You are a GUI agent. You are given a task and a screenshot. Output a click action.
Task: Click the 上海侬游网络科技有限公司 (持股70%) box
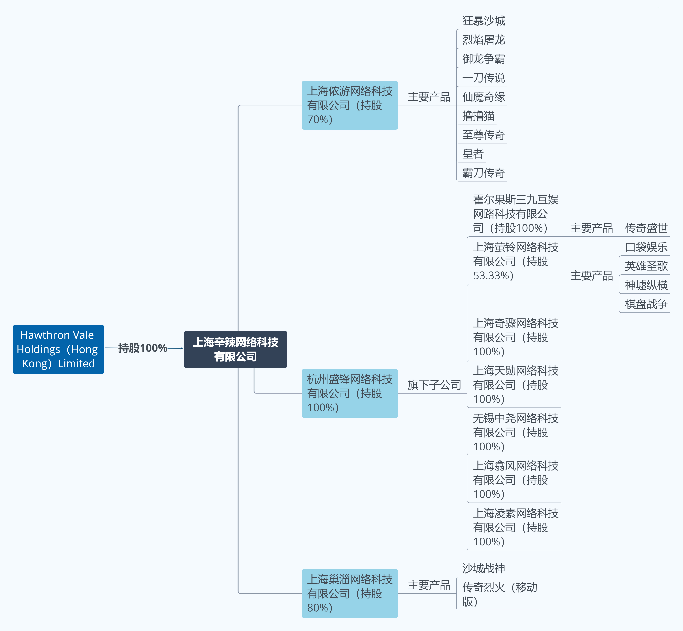pyautogui.click(x=350, y=105)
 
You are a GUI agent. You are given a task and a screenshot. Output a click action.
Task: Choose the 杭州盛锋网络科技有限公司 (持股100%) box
pyautogui.click(x=350, y=393)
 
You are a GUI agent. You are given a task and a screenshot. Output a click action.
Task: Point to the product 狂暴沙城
pyautogui.click(x=483, y=21)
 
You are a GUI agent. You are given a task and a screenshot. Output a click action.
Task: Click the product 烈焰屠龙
pyautogui.click(x=483, y=40)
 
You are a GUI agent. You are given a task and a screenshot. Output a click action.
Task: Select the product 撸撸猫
pyautogui.click(x=478, y=116)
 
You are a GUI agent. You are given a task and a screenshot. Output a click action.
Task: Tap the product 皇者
pyautogui.click(x=473, y=154)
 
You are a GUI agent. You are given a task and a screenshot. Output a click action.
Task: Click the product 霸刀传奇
pyautogui.click(x=483, y=173)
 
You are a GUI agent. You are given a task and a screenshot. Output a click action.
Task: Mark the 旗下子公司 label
pyautogui.click(x=434, y=385)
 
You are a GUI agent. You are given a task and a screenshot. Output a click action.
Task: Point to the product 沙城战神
pyautogui.click(x=483, y=568)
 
